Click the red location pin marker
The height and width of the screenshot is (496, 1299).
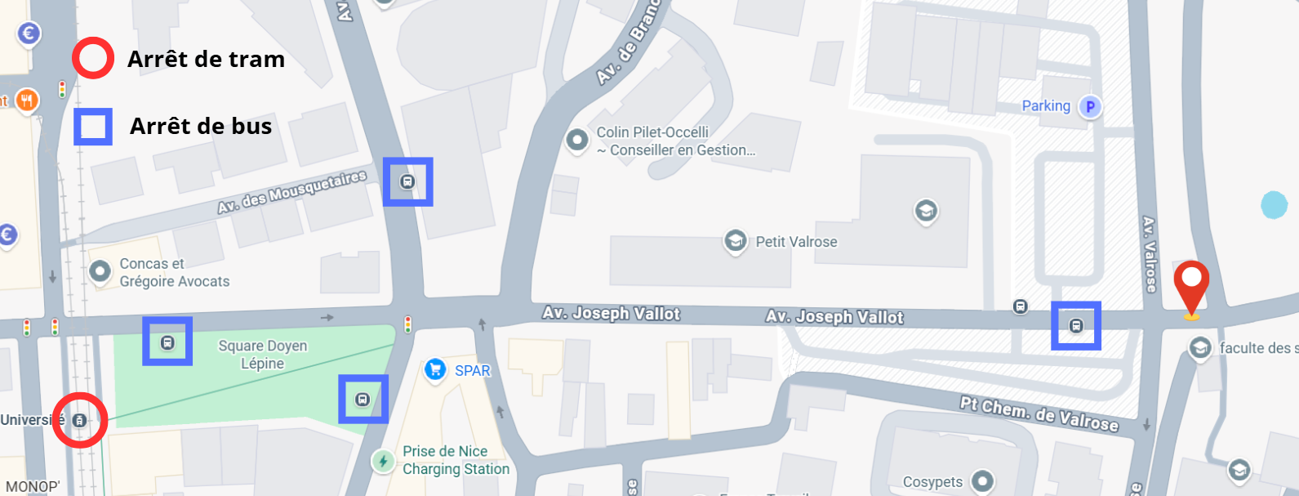tap(1191, 282)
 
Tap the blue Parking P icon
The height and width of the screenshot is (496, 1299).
tap(1090, 106)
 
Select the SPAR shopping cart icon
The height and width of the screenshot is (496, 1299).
tap(435, 370)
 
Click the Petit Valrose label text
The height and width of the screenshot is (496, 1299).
tap(796, 242)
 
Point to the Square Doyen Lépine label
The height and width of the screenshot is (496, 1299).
tap(263, 355)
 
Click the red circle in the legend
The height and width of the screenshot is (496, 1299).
tap(92, 59)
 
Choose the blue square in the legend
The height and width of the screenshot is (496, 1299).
tap(93, 127)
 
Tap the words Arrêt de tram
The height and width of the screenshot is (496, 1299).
tap(206, 59)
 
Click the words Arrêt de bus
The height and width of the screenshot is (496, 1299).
tap(201, 126)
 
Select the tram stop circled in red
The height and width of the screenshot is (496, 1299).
tap(80, 420)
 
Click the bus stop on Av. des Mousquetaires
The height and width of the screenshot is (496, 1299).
tap(407, 181)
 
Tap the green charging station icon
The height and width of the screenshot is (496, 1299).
tap(383, 461)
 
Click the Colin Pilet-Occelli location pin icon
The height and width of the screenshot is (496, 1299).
tap(577, 140)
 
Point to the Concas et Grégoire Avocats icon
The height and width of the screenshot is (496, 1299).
tap(100, 271)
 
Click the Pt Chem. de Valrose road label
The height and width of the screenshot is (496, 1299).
tap(1039, 413)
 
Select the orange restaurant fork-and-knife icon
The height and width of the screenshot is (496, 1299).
tap(27, 101)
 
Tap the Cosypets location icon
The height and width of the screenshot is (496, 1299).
tap(982, 480)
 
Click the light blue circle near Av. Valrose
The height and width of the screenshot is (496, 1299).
tap(1274, 205)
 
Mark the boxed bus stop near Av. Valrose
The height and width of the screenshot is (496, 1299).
tap(1076, 326)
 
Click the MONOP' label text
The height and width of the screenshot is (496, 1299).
tap(33, 486)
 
